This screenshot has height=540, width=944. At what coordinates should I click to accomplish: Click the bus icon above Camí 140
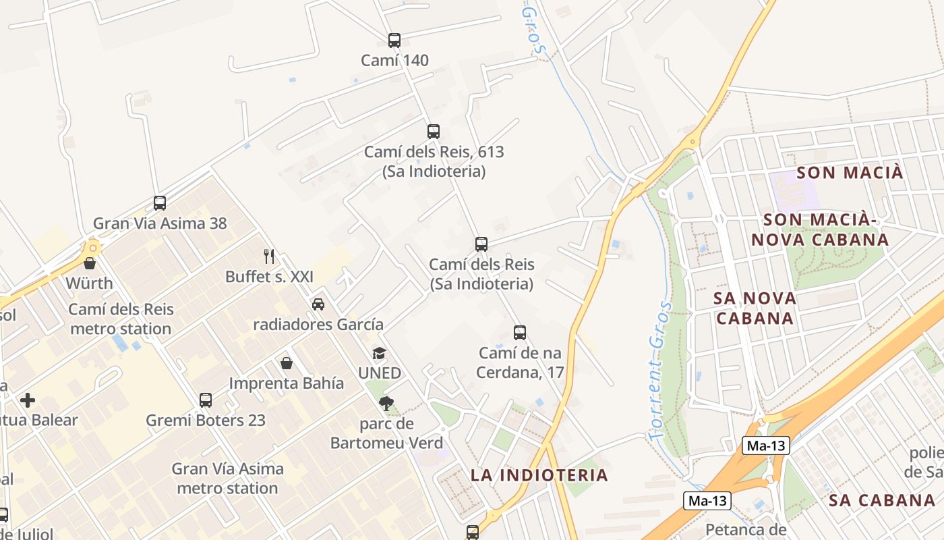[394, 40]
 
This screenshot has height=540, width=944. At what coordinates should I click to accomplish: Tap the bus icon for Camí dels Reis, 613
[434, 132]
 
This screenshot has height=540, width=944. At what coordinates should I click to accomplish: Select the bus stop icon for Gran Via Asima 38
[160, 203]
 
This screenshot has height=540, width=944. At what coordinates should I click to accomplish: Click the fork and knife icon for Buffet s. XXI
[269, 256]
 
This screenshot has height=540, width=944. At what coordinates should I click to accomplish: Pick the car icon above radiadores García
[318, 304]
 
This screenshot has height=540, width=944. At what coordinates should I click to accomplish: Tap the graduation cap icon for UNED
[380, 354]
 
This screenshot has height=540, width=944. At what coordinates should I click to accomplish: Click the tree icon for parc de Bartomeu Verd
[386, 404]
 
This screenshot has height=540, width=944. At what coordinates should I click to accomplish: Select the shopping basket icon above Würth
[90, 263]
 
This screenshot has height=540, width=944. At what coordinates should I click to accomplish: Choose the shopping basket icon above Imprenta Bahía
[287, 363]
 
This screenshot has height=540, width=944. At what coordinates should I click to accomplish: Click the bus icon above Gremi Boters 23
[206, 400]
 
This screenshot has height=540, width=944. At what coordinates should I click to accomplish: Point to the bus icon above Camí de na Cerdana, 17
[520, 333]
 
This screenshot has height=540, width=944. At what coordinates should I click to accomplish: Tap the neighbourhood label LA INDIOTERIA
[539, 475]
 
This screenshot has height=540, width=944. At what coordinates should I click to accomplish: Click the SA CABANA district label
[882, 500]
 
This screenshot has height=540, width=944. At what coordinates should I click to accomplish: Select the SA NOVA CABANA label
[755, 308]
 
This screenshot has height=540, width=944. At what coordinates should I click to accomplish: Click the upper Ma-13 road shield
[765, 446]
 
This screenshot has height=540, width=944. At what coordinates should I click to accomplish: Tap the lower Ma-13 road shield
[707, 501]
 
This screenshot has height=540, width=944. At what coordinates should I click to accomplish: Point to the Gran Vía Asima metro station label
[228, 478]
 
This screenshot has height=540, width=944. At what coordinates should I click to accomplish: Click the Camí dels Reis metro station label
[121, 319]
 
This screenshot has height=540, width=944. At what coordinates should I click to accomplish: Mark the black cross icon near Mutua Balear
[28, 400]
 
